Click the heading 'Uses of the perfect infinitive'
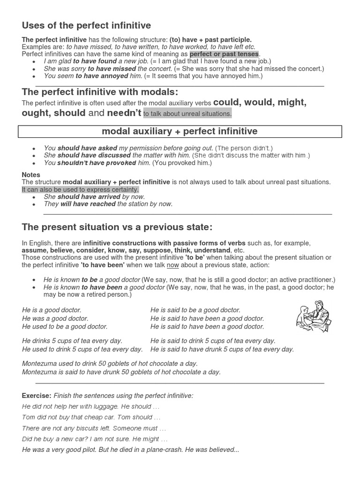[x=86, y=25]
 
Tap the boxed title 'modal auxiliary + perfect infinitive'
[x=180, y=131]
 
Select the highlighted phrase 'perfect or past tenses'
[x=224, y=54]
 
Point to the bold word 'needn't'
[x=124, y=113]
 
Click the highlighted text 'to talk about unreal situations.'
[x=187, y=113]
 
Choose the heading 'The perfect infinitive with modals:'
[x=100, y=91]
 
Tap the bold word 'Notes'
[x=31, y=175]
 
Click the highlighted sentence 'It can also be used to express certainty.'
[x=80, y=189]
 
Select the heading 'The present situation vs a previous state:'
[x=117, y=227]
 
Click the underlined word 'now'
[x=173, y=265]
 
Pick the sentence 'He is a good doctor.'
[x=52, y=310]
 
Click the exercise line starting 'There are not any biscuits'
[x=94, y=428]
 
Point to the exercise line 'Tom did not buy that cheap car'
[x=91, y=417]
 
